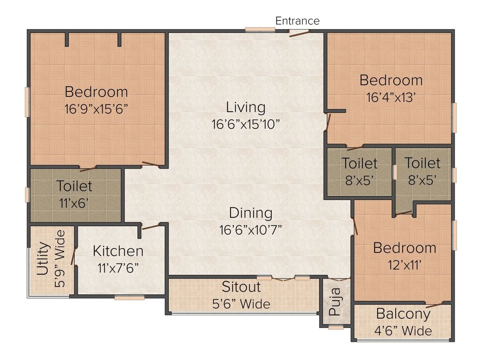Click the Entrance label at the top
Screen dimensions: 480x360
click(297, 21)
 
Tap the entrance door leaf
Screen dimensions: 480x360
click(300, 34)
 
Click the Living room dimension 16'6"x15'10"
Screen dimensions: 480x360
click(246, 124)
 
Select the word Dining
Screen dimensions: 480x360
click(251, 213)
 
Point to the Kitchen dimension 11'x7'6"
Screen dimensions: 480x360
click(118, 268)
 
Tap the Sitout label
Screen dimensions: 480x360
click(241, 286)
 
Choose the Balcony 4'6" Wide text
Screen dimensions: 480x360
click(403, 322)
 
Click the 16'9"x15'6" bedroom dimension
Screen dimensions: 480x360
click(96, 109)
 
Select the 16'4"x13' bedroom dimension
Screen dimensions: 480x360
click(391, 97)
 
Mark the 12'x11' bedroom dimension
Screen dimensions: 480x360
click(405, 265)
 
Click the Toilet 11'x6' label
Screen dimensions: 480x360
click(74, 194)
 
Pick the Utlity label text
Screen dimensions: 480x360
click(43, 259)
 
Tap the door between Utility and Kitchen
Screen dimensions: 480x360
click(73, 256)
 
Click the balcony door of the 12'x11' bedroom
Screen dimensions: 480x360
click(434, 305)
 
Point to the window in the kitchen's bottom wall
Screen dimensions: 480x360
click(129, 297)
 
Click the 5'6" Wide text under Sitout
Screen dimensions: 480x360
click(241, 304)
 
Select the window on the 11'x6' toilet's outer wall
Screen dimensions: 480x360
click(27, 195)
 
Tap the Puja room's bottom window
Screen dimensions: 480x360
click(336, 327)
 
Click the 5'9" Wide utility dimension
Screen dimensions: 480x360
click(60, 259)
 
